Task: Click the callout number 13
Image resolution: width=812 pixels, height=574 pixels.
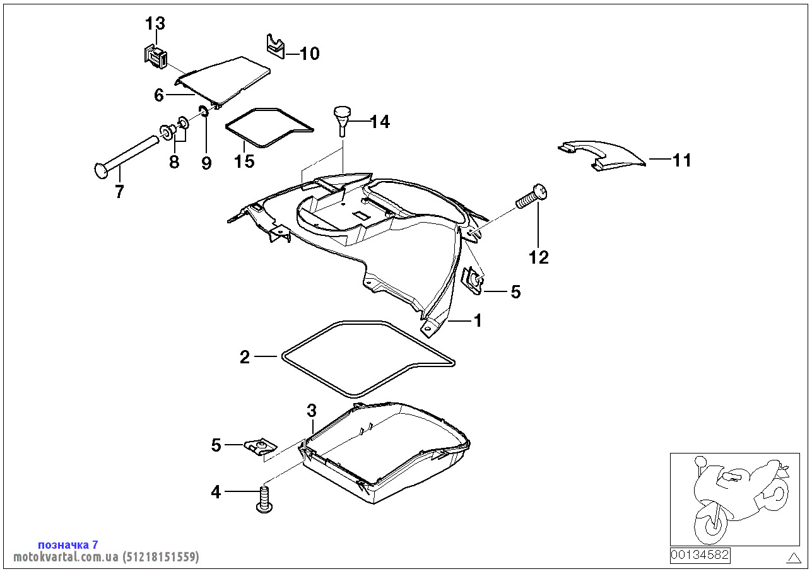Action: pos(155,24)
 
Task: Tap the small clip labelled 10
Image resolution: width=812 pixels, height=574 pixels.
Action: pos(274,46)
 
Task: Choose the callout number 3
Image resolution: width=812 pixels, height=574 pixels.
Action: pos(311,411)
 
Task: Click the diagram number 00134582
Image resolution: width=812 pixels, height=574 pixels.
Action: pos(700,555)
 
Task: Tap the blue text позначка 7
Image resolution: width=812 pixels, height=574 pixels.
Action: pos(68,544)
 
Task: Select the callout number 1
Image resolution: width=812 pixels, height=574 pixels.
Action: pos(478,320)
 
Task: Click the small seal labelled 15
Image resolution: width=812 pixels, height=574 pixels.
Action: pos(268,127)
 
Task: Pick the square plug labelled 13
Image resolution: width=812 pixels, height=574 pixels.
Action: pos(155,55)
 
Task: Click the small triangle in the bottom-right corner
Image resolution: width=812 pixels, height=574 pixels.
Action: pos(794,557)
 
